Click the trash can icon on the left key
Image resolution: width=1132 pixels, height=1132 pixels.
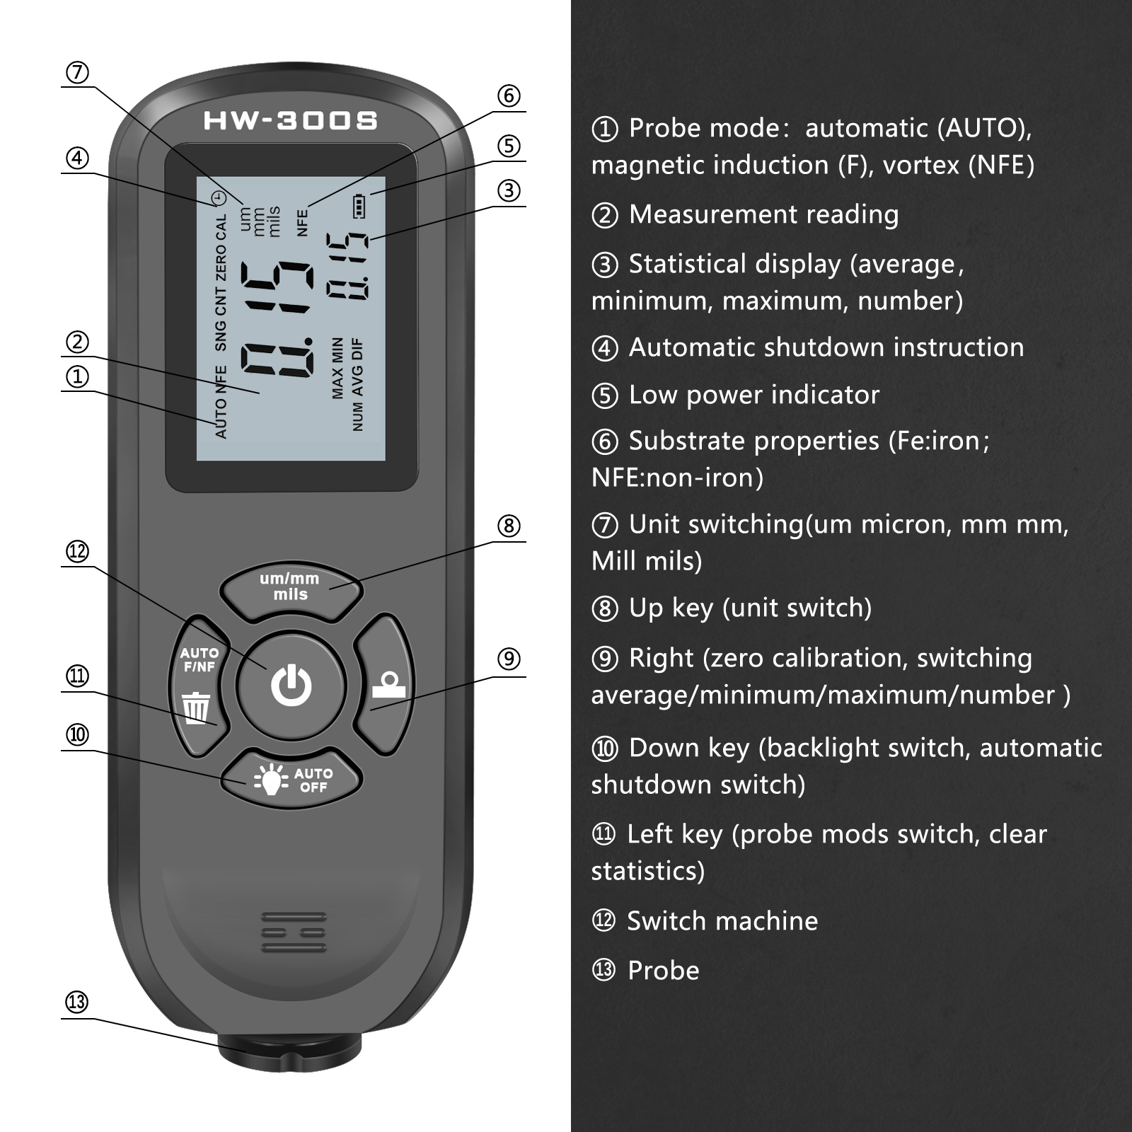click(x=196, y=707)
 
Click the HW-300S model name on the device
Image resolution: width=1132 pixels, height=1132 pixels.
click(x=291, y=121)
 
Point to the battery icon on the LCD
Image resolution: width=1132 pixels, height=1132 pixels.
click(x=359, y=206)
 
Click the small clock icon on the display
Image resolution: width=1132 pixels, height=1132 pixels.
click(x=220, y=198)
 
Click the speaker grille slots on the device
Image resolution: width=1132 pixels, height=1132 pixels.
click(x=294, y=932)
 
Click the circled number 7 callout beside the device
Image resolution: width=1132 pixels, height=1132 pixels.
click(x=77, y=73)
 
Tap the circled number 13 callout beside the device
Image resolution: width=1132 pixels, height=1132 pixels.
click(x=77, y=1003)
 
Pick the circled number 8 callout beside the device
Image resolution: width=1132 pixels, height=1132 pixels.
click(x=509, y=526)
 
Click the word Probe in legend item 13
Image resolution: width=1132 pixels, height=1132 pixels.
click(x=663, y=971)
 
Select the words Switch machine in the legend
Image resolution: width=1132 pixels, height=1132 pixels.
click(x=722, y=921)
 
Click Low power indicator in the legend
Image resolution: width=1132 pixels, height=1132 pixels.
click(x=753, y=395)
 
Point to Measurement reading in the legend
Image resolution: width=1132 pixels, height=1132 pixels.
click(x=763, y=214)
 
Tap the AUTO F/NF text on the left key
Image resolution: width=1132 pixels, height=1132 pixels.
click(x=199, y=659)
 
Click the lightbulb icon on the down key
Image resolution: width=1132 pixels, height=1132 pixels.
click(x=271, y=780)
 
